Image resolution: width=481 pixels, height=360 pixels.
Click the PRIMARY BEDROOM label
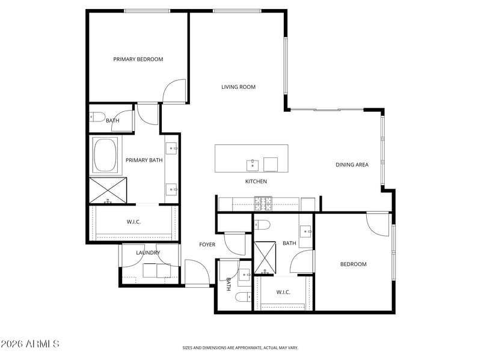[138, 59]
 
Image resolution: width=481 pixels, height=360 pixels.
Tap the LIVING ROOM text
[238, 87]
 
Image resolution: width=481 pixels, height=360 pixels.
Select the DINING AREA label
[352, 165]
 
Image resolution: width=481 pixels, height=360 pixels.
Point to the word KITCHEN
[256, 182]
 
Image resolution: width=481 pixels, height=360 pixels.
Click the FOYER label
[207, 245]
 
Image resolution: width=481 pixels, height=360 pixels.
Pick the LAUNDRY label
[148, 252]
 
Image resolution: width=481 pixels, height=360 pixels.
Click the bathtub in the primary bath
[105, 155]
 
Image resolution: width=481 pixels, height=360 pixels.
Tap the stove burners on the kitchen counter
[263, 204]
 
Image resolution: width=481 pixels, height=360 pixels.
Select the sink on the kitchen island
[253, 165]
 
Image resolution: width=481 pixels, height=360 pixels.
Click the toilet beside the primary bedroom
[97, 117]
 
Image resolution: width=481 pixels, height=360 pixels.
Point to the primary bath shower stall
[108, 190]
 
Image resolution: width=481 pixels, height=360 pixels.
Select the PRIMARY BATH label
[144, 160]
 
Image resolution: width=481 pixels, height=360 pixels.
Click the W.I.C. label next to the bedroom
[283, 292]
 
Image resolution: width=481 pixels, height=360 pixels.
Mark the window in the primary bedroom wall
[147, 11]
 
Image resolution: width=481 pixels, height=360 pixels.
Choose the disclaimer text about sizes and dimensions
[240, 348]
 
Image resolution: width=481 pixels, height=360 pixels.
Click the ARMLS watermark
[29, 344]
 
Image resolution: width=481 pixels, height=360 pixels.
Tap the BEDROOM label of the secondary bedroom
[353, 264]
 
